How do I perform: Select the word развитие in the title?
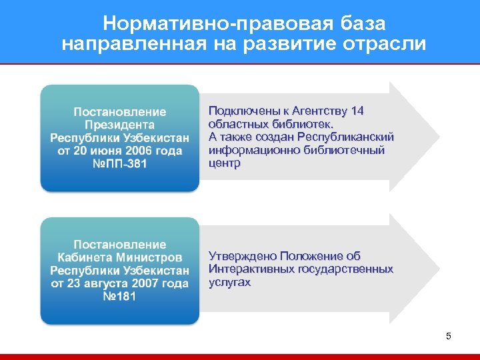[x=265, y=44]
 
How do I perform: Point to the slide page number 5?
[x=448, y=336]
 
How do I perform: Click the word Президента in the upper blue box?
[x=120, y=125]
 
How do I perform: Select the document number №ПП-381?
[x=120, y=163]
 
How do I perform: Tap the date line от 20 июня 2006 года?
[x=120, y=151]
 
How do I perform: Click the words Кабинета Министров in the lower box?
[x=120, y=257]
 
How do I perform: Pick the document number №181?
[x=120, y=296]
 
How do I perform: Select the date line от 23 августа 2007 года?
[x=120, y=283]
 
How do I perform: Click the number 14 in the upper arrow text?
[x=357, y=111]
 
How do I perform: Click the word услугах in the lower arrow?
[x=229, y=283]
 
